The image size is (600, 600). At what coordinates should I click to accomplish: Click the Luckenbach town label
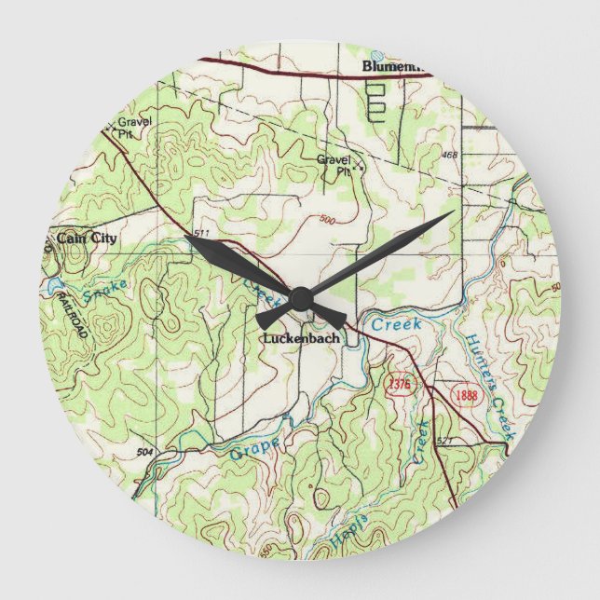point(300,338)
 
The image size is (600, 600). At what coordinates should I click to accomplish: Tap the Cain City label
point(88,239)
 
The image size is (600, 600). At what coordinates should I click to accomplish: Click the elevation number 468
point(450,155)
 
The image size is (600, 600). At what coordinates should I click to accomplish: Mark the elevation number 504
point(143,452)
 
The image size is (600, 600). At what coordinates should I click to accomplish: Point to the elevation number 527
point(444,439)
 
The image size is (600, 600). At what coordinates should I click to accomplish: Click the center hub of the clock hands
point(300,298)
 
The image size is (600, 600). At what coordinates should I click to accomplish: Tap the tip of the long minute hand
point(453,212)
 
